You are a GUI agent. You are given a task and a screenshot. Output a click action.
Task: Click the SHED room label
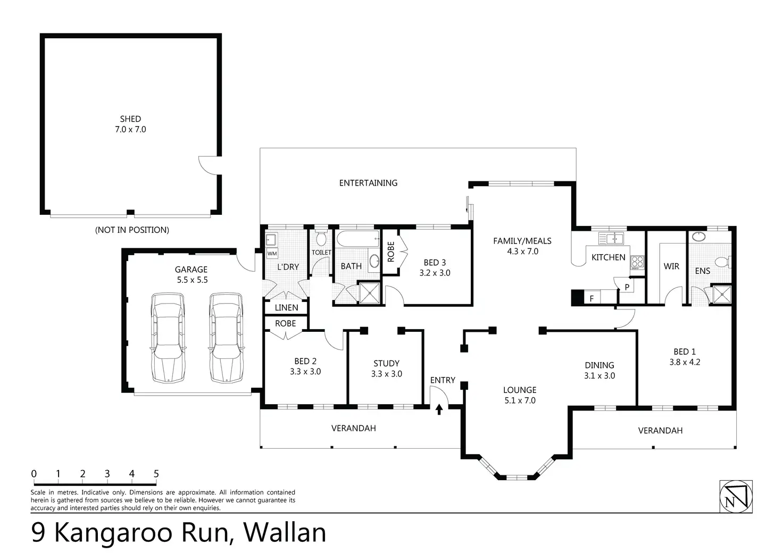[130, 119]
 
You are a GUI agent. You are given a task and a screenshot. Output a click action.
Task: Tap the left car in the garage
[168, 338]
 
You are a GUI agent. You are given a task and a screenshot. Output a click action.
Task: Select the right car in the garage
[226, 338]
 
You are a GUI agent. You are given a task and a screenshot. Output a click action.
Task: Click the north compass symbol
[736, 497]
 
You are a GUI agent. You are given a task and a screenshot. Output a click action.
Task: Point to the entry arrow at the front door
[439, 409]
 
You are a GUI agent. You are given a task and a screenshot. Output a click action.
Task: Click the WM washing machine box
[272, 253]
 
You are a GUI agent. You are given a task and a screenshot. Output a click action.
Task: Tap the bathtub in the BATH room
[357, 239]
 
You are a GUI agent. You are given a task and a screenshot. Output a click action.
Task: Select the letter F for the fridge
[592, 299]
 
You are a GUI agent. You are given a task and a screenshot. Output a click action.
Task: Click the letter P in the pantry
[627, 287]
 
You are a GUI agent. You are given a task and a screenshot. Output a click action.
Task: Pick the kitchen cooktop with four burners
[637, 262]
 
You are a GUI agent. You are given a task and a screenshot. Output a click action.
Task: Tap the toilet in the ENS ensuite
[723, 262]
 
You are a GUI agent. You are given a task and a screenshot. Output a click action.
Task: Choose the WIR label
[671, 266]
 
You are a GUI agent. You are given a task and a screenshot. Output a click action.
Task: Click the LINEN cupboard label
[286, 307]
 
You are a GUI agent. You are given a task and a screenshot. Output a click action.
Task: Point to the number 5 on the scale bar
[156, 474]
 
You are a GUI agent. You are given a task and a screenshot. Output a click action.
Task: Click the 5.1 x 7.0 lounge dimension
[520, 400]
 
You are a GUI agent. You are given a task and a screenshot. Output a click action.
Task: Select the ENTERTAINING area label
[368, 183]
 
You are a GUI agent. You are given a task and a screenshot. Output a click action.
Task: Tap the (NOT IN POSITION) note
[132, 230]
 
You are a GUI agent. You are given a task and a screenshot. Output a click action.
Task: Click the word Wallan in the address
[285, 532]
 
